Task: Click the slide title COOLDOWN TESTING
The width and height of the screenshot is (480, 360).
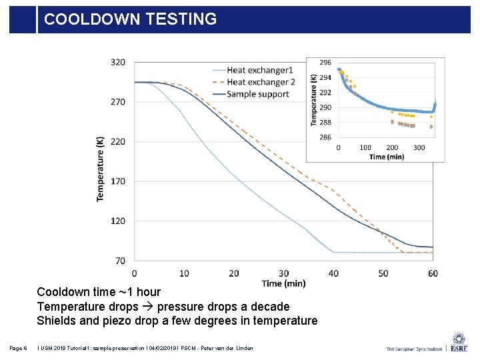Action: (x=130, y=19)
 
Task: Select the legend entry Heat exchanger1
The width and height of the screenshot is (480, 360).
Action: (x=259, y=70)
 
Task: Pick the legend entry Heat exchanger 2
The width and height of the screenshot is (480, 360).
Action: (x=261, y=82)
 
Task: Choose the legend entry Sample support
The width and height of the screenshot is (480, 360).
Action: (x=257, y=94)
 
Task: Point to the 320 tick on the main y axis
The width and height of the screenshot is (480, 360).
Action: (x=117, y=63)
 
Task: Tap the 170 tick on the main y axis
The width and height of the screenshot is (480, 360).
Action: (x=117, y=181)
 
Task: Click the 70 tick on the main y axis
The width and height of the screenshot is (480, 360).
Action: (x=120, y=260)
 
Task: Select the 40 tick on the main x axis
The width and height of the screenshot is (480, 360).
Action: (x=333, y=273)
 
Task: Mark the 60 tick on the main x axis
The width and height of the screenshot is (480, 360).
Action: (x=433, y=273)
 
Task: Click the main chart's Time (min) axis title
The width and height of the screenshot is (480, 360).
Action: (x=283, y=283)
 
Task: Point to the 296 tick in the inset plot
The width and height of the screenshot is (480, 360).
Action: (x=325, y=63)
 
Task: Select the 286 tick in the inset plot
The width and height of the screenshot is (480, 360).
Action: (x=325, y=137)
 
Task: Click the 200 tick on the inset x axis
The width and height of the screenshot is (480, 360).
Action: (x=392, y=147)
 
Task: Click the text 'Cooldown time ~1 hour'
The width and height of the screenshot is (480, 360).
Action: (x=99, y=292)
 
